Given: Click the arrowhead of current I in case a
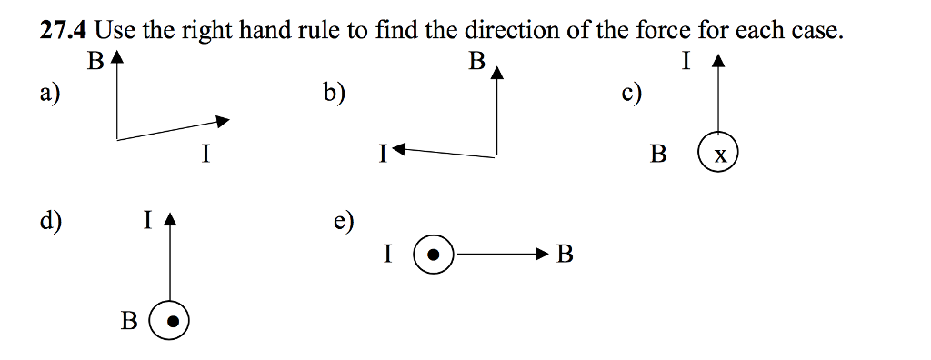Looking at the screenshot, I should tap(223, 120).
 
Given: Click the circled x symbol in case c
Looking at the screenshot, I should tap(719, 153).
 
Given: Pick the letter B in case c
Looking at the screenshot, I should tap(658, 154).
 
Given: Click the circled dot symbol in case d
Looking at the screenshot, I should tap(170, 320).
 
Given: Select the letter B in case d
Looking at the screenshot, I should tap(130, 321).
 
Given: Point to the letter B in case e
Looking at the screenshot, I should tap(565, 255).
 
